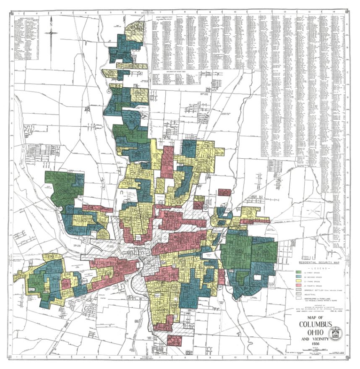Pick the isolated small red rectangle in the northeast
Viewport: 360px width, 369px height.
pos(226,193)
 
